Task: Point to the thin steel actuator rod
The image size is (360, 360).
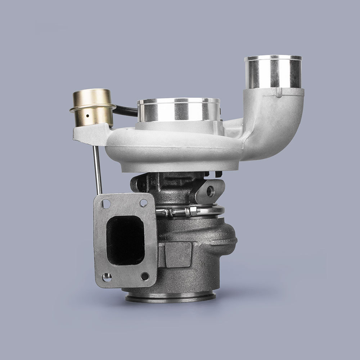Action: coord(97,169)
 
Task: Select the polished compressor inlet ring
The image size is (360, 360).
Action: coord(178,110)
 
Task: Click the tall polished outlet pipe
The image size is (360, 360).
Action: coord(273,72)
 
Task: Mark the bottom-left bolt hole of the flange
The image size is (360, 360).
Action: coord(107,277)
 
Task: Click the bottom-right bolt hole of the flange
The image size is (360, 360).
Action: coord(145,276)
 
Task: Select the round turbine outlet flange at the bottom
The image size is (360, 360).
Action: coord(171,297)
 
